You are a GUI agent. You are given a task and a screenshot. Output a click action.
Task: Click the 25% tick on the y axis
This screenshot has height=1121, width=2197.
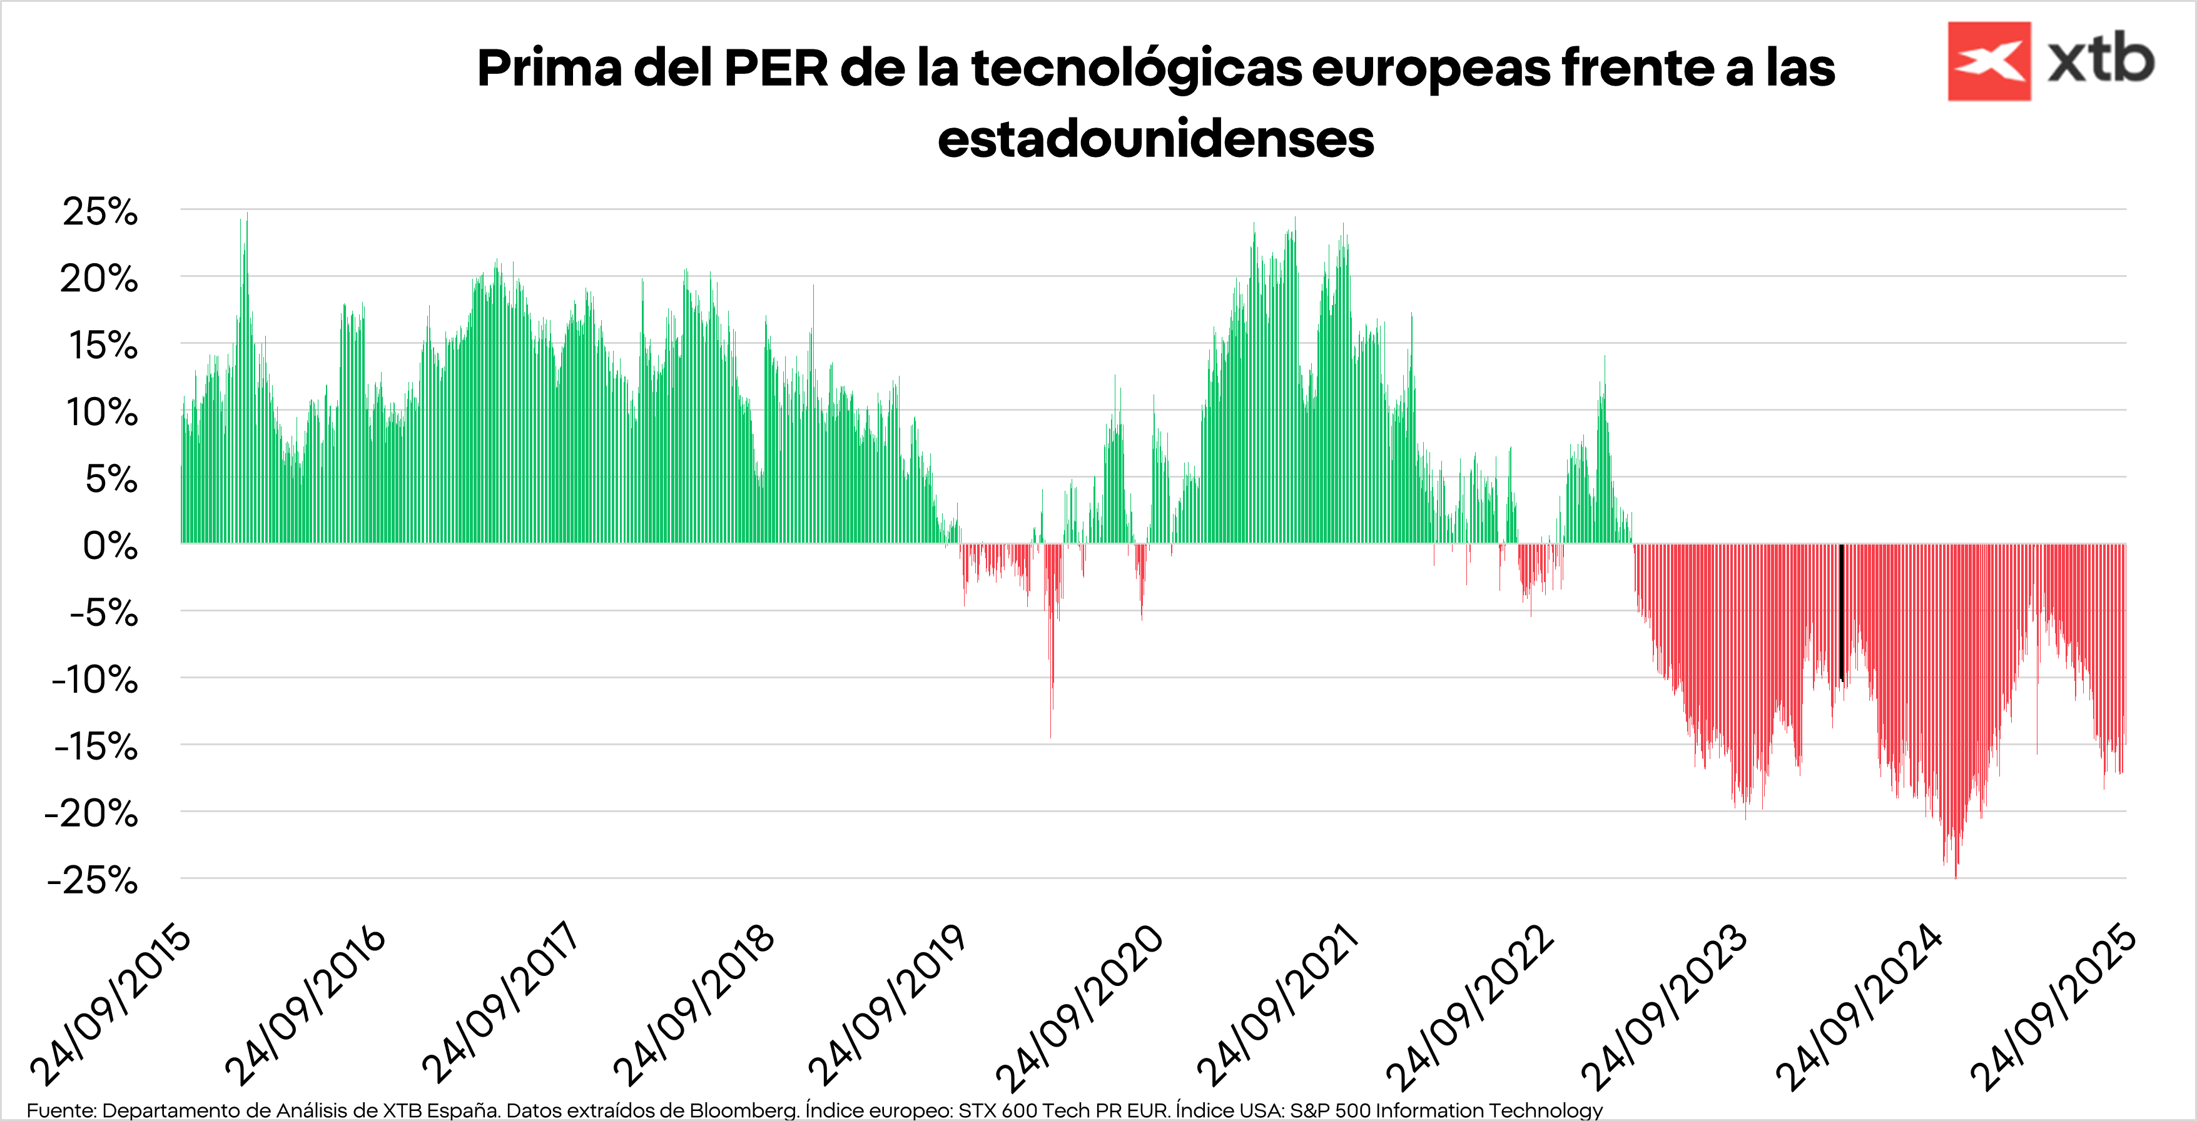point(100,211)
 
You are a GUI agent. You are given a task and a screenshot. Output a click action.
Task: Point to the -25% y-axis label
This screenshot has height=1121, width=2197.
point(92,880)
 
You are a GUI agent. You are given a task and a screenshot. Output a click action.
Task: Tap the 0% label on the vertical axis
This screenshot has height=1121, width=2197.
point(110,546)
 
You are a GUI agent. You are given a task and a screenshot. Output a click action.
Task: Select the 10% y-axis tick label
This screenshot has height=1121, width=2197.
point(101,413)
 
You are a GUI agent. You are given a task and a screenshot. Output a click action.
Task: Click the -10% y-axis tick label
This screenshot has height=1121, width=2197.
point(94,680)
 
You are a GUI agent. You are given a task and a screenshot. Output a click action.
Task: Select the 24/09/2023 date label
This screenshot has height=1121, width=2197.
point(1664,1006)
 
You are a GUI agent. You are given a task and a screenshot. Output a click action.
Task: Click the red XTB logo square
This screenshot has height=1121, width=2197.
point(1989,61)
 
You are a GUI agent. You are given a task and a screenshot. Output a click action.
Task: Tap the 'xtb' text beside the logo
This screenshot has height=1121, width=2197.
point(2101,61)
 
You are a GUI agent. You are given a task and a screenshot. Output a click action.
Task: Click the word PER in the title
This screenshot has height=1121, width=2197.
point(775,68)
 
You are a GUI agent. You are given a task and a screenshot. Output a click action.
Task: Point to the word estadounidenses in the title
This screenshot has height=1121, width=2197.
point(1155,139)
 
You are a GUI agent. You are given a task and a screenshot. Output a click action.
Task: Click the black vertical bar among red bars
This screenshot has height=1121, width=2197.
point(1841,612)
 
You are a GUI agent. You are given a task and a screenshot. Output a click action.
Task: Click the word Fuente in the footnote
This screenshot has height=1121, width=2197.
point(61,1110)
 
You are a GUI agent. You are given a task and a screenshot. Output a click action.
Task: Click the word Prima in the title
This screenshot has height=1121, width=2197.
point(549,68)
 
